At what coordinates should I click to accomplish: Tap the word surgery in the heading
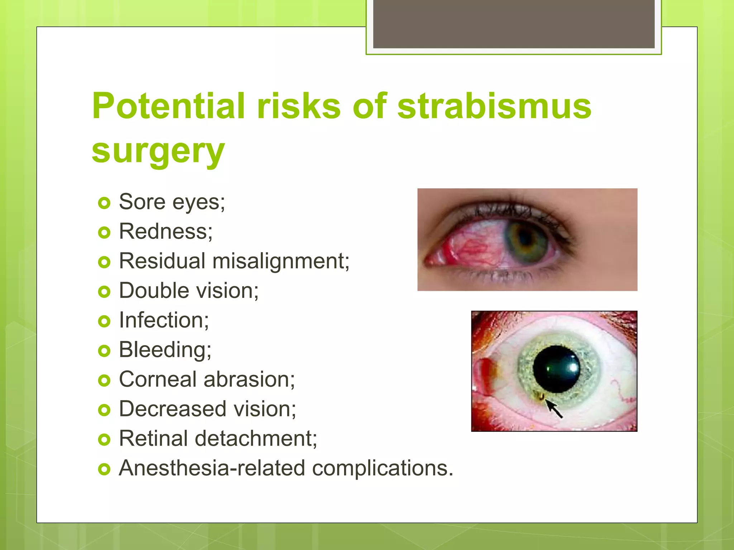[x=158, y=151]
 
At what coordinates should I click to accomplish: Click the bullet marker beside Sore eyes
[x=104, y=203]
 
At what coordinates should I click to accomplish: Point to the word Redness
[x=166, y=231]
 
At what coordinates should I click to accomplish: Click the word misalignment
[x=281, y=261]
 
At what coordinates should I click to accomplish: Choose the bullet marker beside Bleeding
[x=104, y=351]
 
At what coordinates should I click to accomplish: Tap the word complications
[x=382, y=468]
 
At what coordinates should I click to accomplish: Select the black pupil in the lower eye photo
[x=556, y=369]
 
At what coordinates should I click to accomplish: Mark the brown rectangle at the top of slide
[x=514, y=24]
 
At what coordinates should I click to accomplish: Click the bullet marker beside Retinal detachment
[x=104, y=439]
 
